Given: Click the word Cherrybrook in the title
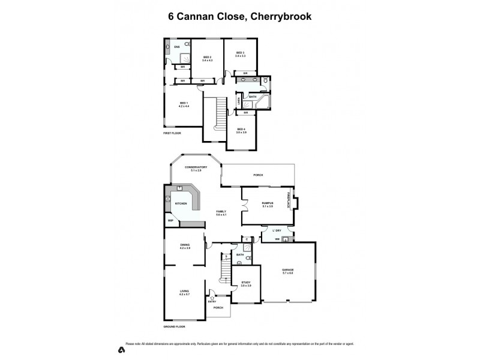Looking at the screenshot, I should point(282,17).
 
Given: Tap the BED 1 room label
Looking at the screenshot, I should point(184,104).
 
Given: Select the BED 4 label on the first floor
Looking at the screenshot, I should point(241,130).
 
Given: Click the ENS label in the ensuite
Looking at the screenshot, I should point(177,47).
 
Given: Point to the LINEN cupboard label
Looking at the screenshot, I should point(239,100).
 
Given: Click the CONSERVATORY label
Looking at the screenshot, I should point(196,168).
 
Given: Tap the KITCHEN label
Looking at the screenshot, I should point(181,204).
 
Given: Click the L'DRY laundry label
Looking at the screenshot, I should point(277,231).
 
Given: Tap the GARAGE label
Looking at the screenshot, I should point(288,271).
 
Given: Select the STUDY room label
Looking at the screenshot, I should point(245,283).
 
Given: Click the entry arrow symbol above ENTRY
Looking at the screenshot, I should point(212,298).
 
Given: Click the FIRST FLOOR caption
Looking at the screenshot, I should point(172,133).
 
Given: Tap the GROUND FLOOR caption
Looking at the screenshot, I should point(174,326).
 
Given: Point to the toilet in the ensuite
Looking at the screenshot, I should point(188,45).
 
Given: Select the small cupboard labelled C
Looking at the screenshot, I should point(247,240).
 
